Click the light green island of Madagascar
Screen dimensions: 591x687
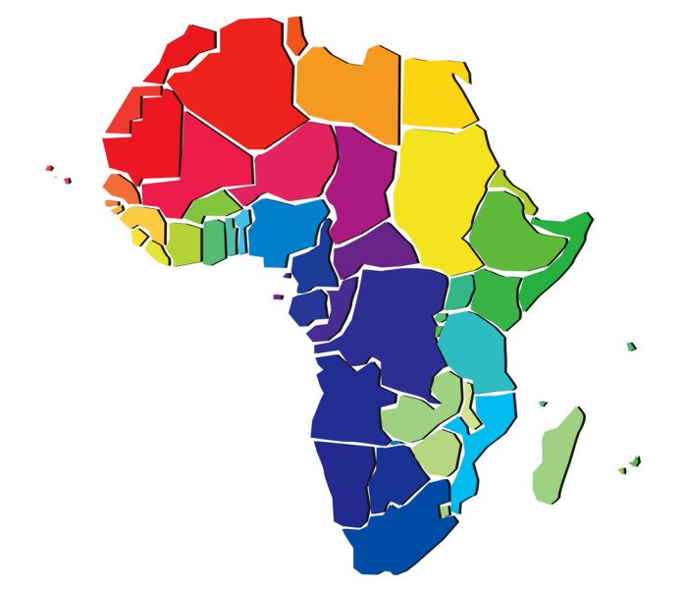pos(556,457)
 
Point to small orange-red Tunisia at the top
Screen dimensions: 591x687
pos(295,33)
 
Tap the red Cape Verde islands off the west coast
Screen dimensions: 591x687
pos(51,170)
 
